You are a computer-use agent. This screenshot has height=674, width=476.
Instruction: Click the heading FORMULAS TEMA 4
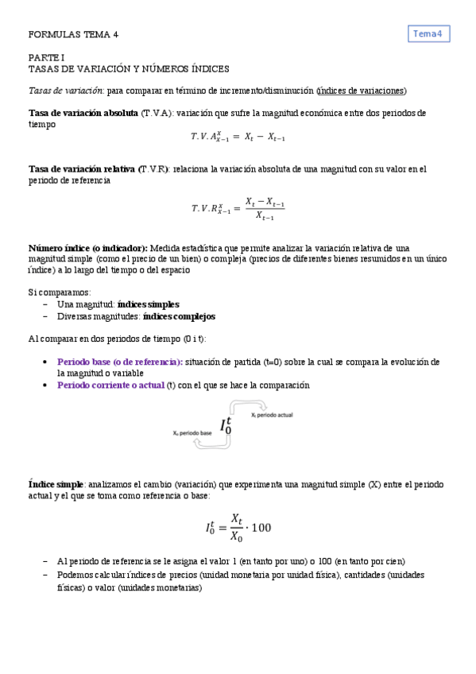(x=73, y=35)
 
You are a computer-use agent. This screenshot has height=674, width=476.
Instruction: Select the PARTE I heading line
(x=41, y=58)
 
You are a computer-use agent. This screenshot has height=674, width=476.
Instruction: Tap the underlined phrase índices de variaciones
(x=361, y=91)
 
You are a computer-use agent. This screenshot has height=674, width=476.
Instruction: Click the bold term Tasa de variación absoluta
(x=83, y=113)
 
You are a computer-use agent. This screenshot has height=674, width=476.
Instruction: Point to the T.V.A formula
(x=238, y=137)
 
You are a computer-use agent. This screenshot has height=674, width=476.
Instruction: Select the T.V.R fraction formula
(x=238, y=208)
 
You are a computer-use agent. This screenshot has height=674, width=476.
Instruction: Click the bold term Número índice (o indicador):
(x=88, y=248)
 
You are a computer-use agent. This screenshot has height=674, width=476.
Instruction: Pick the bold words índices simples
(x=148, y=304)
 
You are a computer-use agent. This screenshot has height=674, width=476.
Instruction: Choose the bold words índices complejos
(x=179, y=316)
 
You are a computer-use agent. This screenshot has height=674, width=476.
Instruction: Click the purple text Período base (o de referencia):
(x=120, y=362)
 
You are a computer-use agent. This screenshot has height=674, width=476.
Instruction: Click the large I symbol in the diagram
(x=226, y=426)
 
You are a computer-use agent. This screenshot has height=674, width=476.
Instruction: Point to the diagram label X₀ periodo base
(x=192, y=434)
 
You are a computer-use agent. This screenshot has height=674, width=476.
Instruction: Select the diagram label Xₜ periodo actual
(x=273, y=416)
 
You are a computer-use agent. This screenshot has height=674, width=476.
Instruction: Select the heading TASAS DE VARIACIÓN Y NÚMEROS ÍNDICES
(x=129, y=69)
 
